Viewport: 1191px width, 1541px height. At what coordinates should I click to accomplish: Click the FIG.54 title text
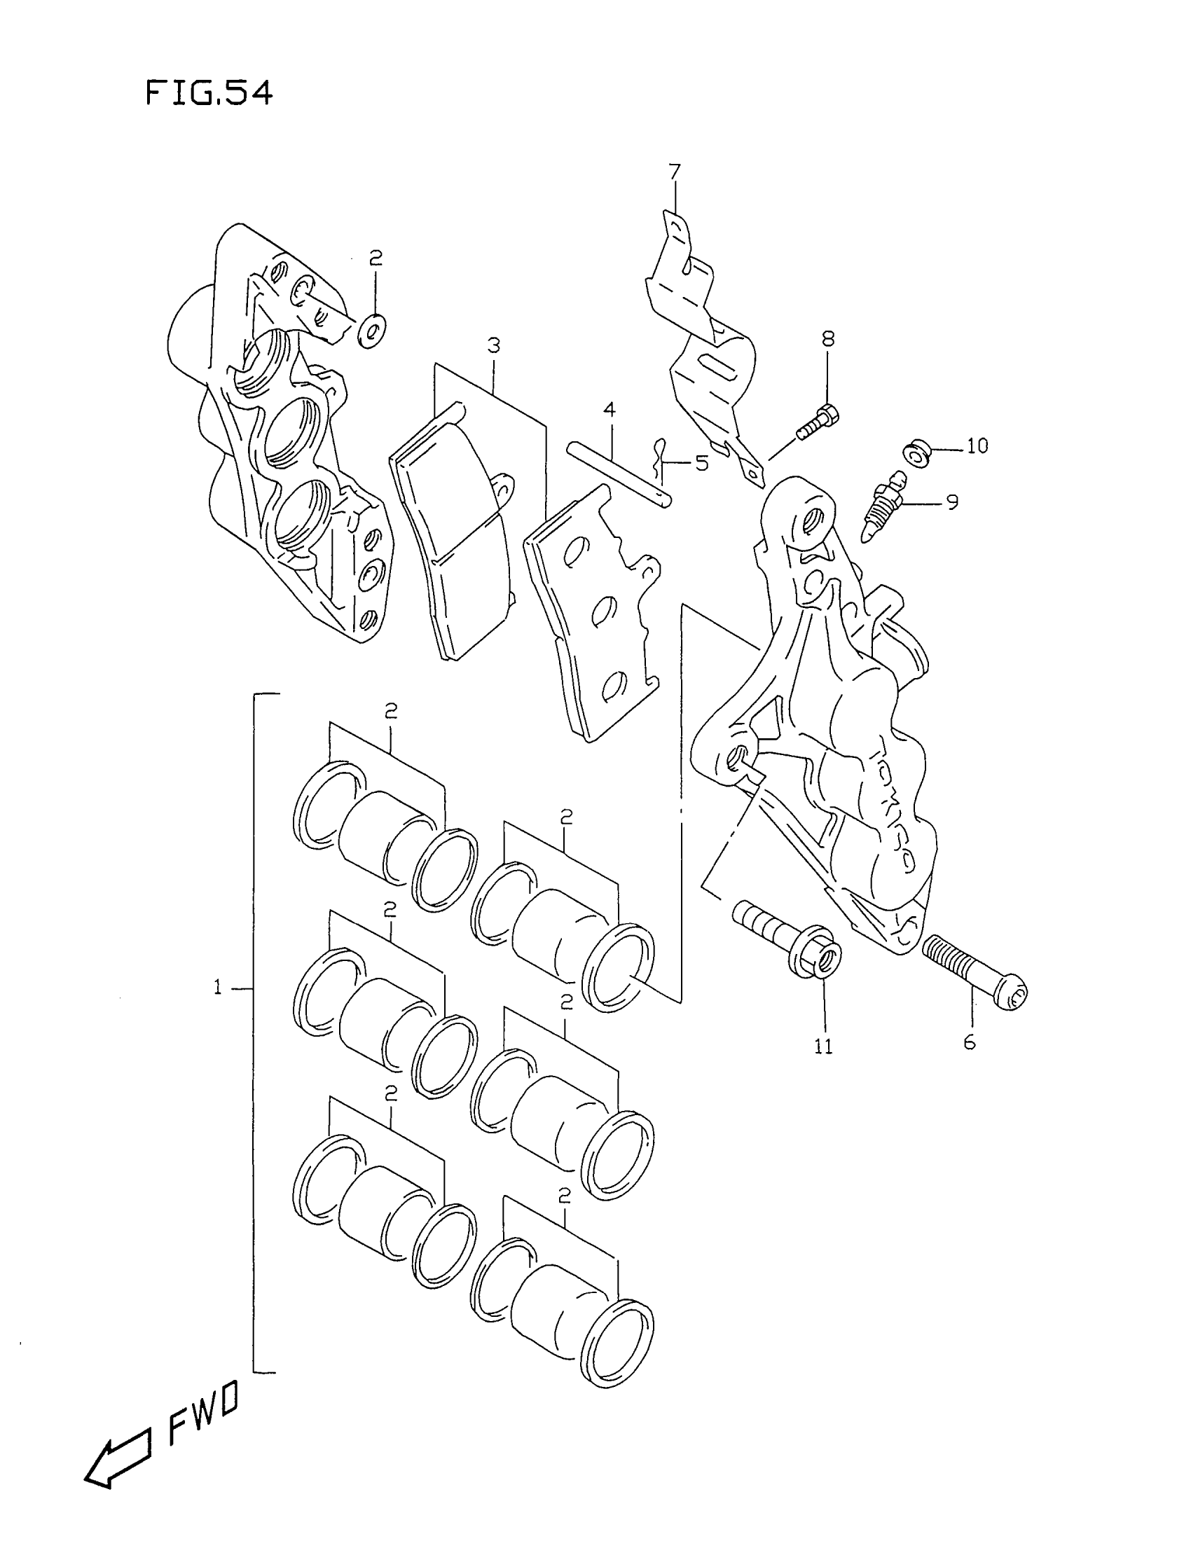(x=209, y=93)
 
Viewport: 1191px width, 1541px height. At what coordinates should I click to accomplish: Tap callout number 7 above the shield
(x=675, y=172)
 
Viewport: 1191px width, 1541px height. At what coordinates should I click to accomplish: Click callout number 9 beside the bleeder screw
(x=952, y=502)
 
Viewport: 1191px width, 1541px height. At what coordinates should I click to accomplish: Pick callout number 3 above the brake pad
(x=493, y=346)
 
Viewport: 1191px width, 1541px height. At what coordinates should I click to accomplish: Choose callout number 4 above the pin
(x=609, y=409)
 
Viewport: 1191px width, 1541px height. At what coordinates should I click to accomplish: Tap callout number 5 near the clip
(x=701, y=463)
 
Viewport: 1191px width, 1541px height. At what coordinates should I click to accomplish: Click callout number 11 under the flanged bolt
(x=823, y=1046)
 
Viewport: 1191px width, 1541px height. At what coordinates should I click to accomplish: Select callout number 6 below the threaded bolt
(x=970, y=1042)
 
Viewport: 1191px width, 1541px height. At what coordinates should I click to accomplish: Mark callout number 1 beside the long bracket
(x=218, y=988)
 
